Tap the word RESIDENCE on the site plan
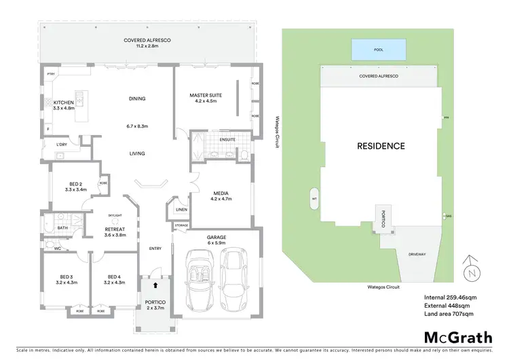click(x=381, y=146)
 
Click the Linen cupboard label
click(x=181, y=210)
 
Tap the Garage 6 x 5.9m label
click(x=216, y=240)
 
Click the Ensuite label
click(x=227, y=140)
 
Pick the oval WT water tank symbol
click(x=314, y=199)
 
